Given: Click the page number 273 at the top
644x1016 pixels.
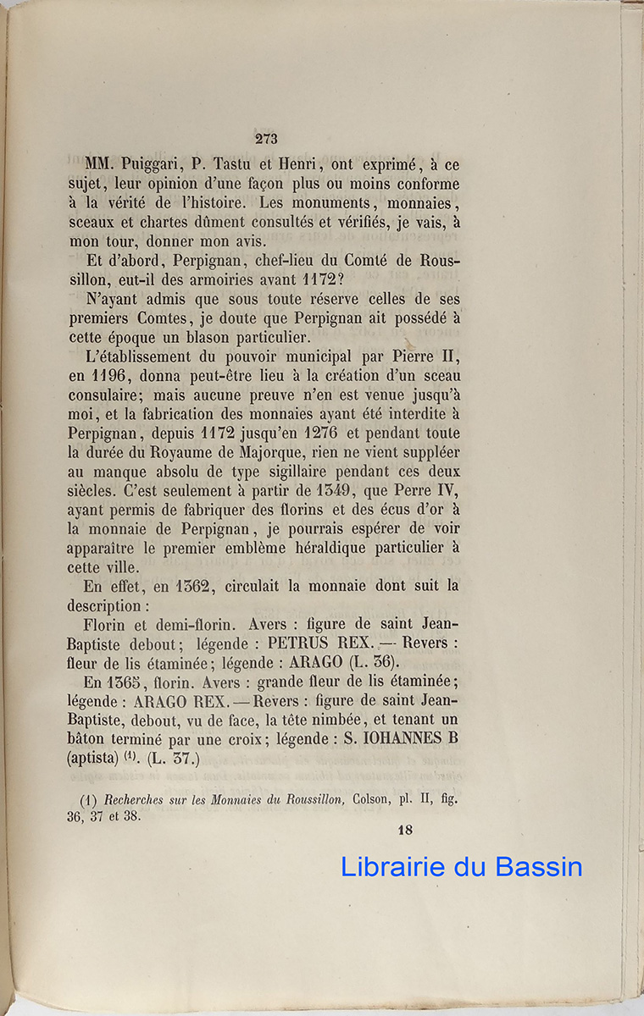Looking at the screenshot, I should click(x=265, y=140).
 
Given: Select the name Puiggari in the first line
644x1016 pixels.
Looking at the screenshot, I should click(x=147, y=165).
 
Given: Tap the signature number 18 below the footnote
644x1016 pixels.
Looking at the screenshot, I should click(x=404, y=830).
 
